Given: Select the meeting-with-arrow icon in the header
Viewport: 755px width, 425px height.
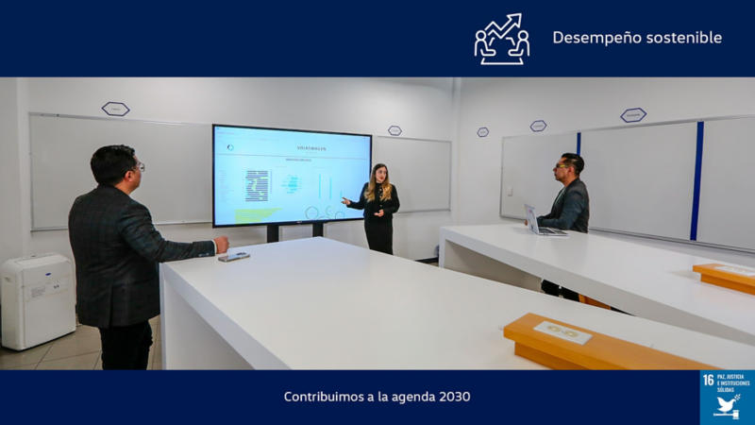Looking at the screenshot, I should click(x=501, y=39).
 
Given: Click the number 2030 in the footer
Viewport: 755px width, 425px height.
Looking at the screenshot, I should click(x=454, y=397).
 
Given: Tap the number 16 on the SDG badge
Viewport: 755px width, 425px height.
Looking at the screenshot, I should click(x=708, y=380).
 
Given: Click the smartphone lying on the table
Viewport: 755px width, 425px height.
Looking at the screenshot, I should click(x=234, y=256).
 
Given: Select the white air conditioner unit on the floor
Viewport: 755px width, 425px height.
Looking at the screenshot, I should click(x=37, y=300).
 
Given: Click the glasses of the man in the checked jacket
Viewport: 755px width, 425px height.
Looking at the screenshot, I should click(x=139, y=166).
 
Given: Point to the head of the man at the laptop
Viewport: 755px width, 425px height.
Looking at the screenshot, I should click(x=571, y=165).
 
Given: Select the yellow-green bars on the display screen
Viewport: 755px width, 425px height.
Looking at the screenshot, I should click(x=256, y=214).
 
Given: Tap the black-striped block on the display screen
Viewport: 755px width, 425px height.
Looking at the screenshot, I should click(x=257, y=185).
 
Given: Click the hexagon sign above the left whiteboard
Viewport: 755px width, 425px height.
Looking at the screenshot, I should click(x=115, y=109).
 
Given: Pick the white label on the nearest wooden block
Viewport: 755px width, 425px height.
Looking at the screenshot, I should click(x=562, y=331).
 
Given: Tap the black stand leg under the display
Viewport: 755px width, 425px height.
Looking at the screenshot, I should click(x=273, y=232).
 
